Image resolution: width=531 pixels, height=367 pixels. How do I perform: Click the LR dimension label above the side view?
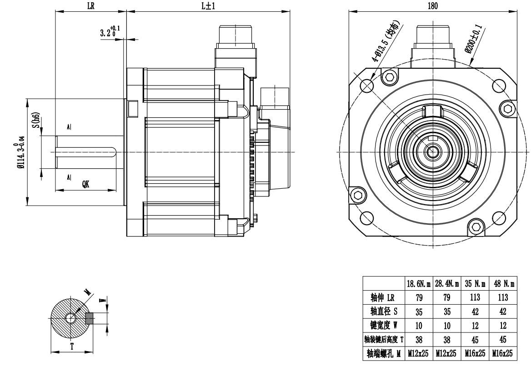pos(90,6)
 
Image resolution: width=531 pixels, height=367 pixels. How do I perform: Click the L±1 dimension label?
pos(209,6)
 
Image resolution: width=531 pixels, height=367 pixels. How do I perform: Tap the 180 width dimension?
pos(433,6)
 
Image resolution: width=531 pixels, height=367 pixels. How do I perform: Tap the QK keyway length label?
pos(85,184)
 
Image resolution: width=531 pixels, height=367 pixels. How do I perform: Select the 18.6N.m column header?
pos(417,283)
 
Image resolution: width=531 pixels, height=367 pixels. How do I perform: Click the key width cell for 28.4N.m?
pos(446,326)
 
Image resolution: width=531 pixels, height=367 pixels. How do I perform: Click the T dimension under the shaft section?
pos(71,346)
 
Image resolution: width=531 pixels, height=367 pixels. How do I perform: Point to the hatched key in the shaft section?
pos(89,317)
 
